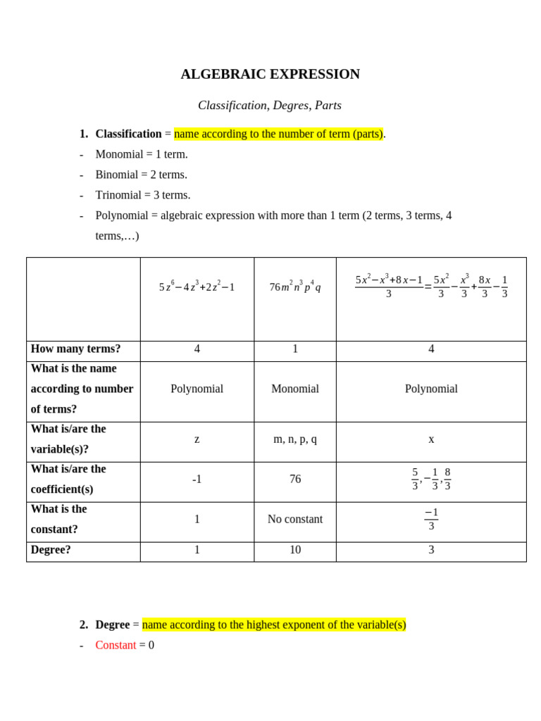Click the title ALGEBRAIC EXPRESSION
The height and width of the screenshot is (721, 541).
[x=270, y=74]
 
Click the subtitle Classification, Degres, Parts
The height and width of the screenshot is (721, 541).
[x=269, y=105]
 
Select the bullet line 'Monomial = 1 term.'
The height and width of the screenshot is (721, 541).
[x=142, y=154]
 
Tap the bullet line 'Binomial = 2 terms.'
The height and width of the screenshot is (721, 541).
[x=141, y=175]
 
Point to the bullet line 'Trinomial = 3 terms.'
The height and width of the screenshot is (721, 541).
[x=143, y=195]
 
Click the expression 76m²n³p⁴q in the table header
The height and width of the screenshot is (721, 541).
[x=295, y=287]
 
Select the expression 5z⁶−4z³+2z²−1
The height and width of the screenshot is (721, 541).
[x=197, y=287]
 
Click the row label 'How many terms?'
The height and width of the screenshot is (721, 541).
[x=75, y=349]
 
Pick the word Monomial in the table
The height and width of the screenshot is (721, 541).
[x=295, y=389]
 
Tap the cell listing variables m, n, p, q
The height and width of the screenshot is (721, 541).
[x=295, y=439]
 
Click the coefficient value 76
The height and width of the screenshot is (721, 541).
[x=295, y=479]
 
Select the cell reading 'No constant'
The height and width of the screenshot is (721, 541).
[x=295, y=519]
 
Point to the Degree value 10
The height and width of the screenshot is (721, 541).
[x=295, y=550]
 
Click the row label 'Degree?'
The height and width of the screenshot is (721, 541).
[x=51, y=550]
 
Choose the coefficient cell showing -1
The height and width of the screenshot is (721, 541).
[x=197, y=479]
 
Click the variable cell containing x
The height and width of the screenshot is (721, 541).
[x=431, y=439]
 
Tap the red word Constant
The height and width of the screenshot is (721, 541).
[x=116, y=645]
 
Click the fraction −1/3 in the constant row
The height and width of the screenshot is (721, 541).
[x=431, y=520]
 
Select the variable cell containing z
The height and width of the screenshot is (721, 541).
[x=197, y=439]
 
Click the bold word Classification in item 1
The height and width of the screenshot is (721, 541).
[x=128, y=134]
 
